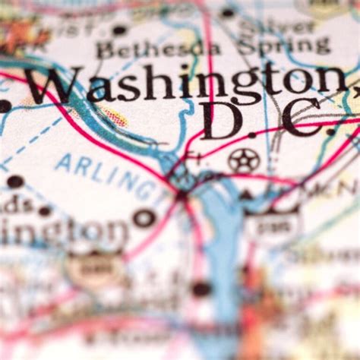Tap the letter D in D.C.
(221, 122)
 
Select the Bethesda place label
(158, 50)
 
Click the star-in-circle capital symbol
(243, 160)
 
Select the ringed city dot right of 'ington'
(144, 219)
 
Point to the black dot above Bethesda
(118, 30)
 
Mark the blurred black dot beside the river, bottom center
(201, 289)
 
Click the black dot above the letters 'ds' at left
(15, 182)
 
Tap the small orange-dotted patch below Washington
(115, 117)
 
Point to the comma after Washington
(352, 90)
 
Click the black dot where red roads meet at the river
(182, 195)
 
